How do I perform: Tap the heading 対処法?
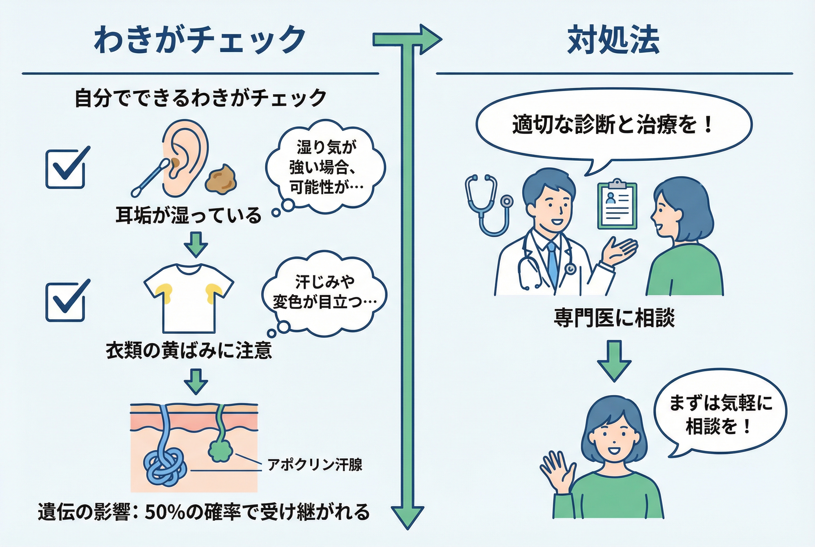pos(614,40)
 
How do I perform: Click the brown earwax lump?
pos(221,179)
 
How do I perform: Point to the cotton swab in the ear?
pos(150,178)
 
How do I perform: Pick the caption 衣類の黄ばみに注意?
pos(189,350)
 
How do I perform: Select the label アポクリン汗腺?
pos(315,465)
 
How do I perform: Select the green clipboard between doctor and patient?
pos(617,206)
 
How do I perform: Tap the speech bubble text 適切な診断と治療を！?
pos(613,124)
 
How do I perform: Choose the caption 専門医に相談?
pos(614,318)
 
